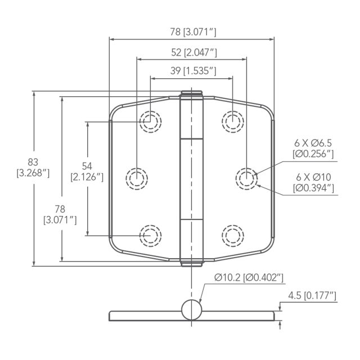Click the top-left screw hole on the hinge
pyautogui.click(x=150, y=121)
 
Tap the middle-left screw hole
pyautogui.click(x=137, y=178)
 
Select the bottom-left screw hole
pyautogui.click(x=150, y=236)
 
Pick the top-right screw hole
pyautogui.click(x=232, y=121)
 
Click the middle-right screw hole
pyautogui.click(x=246, y=178)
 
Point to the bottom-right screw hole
pyautogui.click(x=232, y=236)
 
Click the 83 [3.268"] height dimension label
pyautogui.click(x=33, y=168)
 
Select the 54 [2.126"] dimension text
pyautogui.click(x=87, y=172)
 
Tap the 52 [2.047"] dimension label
pyautogui.click(x=194, y=52)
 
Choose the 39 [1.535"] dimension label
pyautogui.click(x=193, y=71)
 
